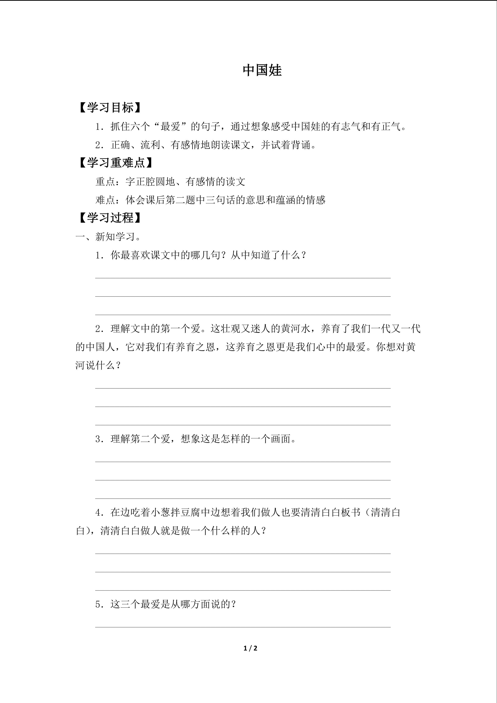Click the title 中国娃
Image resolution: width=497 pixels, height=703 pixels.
[x=262, y=70]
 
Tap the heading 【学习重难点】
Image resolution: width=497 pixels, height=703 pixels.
[x=116, y=163]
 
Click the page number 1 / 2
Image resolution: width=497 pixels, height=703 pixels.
[x=250, y=648]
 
